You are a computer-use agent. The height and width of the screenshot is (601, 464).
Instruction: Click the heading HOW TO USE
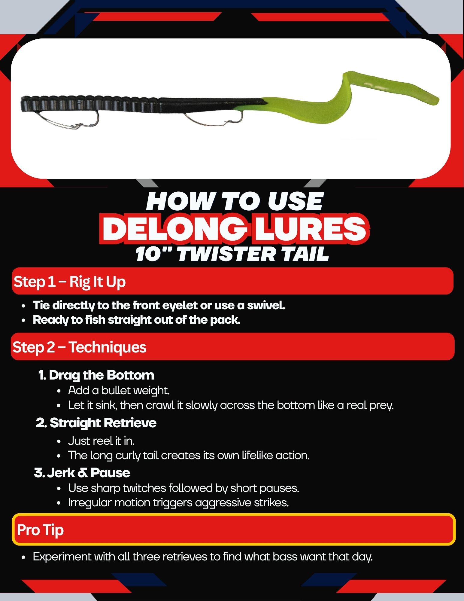(x=235, y=201)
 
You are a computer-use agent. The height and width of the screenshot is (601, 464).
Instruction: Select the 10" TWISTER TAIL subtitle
(x=232, y=254)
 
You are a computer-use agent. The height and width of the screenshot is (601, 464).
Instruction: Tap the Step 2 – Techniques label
(x=79, y=347)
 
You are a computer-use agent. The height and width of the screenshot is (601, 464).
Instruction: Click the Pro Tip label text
(x=40, y=530)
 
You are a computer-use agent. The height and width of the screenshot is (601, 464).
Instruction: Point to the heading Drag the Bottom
(x=96, y=375)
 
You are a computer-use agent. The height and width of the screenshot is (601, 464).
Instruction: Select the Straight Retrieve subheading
(x=96, y=423)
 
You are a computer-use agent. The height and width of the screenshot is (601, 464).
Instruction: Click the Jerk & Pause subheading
(x=82, y=473)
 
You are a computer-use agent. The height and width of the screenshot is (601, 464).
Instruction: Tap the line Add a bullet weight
(x=119, y=391)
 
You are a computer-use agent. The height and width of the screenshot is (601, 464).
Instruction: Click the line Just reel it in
(x=101, y=441)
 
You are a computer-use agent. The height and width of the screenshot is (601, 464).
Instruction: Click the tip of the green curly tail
(x=438, y=100)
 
